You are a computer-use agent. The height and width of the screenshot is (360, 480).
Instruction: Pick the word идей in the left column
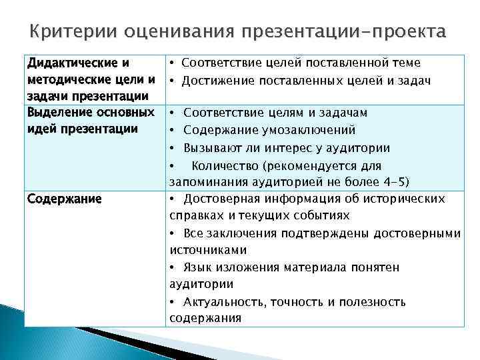coord(41,128)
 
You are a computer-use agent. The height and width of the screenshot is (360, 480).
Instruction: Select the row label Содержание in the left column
coord(64,199)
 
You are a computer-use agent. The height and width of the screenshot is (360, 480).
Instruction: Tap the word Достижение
coord(220,81)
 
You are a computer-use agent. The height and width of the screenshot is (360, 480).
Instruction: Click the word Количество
coord(224,165)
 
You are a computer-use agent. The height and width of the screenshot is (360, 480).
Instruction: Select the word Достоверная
coord(221,199)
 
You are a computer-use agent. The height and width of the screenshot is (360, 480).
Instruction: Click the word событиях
coord(321,216)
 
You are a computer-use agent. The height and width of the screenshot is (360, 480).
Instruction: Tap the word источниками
coord(208,250)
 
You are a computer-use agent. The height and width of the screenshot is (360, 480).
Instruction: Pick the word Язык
coord(197,267)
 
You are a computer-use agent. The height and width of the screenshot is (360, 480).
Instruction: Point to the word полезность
coord(373,301)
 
